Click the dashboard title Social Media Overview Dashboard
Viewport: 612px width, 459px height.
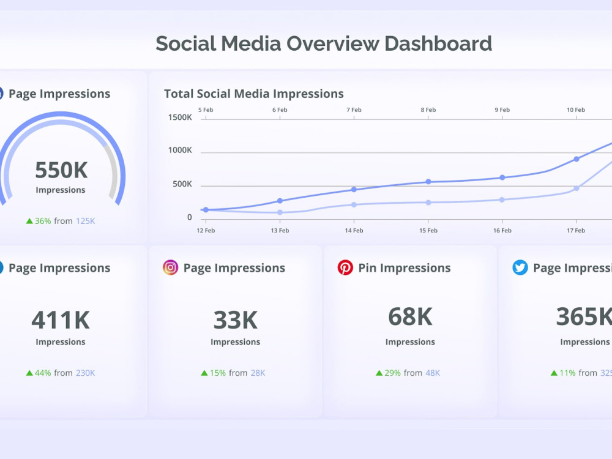(x=323, y=43)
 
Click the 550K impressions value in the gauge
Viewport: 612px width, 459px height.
(x=61, y=170)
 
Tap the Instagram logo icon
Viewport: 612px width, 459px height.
(x=170, y=267)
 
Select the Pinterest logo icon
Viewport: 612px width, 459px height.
(x=345, y=267)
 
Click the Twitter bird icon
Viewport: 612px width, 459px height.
(x=520, y=267)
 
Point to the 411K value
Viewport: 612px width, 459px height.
(x=61, y=319)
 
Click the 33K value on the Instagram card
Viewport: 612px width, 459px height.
(x=235, y=319)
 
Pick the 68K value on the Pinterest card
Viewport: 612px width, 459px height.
(x=410, y=316)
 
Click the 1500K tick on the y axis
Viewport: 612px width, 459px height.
(x=180, y=117)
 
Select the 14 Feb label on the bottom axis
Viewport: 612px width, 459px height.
(x=354, y=231)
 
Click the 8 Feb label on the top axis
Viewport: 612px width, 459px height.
(x=428, y=110)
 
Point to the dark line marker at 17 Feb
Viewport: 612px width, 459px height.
(x=577, y=159)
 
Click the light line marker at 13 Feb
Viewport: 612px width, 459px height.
(x=280, y=212)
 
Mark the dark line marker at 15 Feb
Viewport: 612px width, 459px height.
(x=428, y=182)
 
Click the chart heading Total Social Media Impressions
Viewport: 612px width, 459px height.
(x=253, y=94)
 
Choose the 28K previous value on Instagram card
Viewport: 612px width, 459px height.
(x=258, y=373)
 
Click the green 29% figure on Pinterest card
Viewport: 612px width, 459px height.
(x=392, y=373)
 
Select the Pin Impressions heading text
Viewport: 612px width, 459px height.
(x=404, y=267)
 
